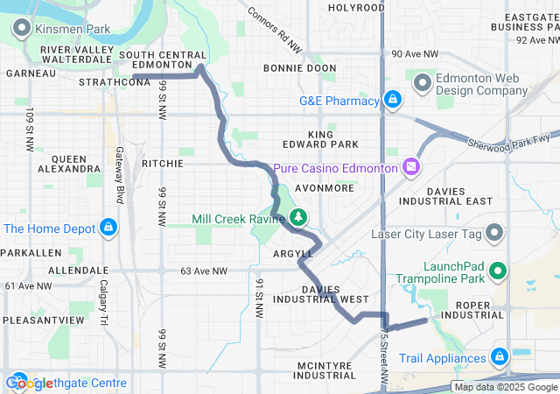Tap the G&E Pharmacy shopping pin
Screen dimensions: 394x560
coord(393,101)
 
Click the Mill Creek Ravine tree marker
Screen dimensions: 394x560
coord(298,217)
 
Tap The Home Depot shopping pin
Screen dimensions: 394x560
coord(108,229)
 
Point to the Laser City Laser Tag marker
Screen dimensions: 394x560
coord(494,234)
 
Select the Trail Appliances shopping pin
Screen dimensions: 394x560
coord(500,357)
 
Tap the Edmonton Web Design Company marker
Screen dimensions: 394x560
coord(423,84)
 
